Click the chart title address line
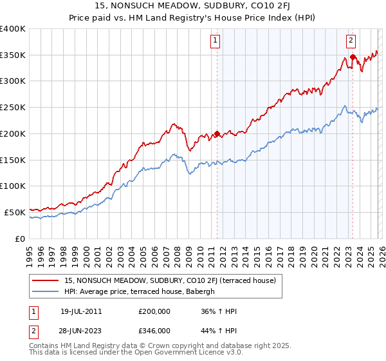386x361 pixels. pyautogui.click(x=192, y=7)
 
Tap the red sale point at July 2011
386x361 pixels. pyautogui.click(x=217, y=134)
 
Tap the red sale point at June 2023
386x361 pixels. pyautogui.click(x=353, y=57)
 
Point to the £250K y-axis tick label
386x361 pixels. pyautogui.click(x=12, y=108)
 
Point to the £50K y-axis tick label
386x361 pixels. pyautogui.click(x=14, y=212)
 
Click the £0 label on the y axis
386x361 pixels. pyautogui.click(x=20, y=239)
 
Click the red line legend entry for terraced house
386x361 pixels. pyautogui.click(x=170, y=280)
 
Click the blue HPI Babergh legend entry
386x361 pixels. pyautogui.click(x=143, y=291)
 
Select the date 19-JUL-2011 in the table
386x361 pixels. pyautogui.click(x=81, y=311)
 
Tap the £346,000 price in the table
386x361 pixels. pyautogui.click(x=154, y=331)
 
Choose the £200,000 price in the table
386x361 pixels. pyautogui.click(x=154, y=311)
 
